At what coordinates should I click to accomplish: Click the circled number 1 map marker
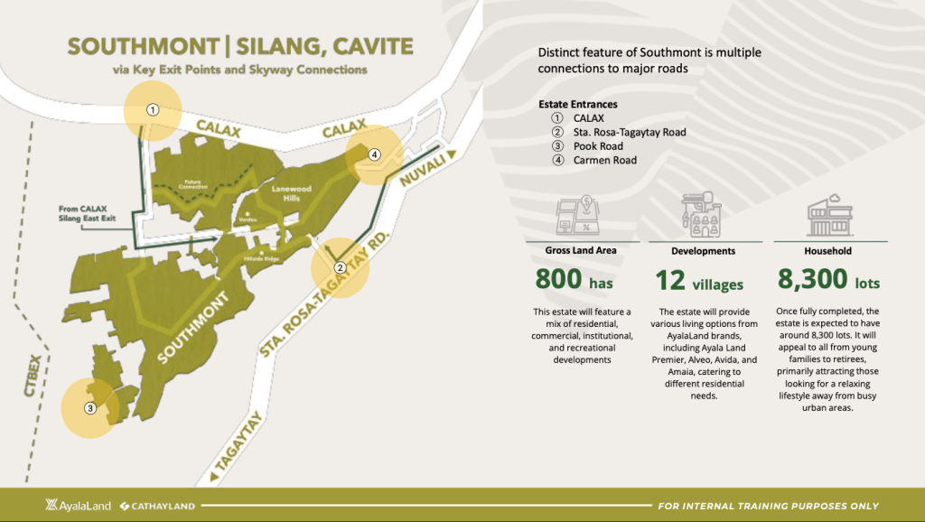coord(154,109)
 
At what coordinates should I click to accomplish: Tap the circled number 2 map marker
coord(340,267)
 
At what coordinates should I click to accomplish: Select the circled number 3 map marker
coord(89,408)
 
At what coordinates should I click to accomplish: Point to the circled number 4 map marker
coord(374,154)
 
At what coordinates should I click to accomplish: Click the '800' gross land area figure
coord(560,280)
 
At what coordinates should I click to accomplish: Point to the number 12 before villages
coord(670,281)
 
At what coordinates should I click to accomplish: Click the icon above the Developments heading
coord(700,213)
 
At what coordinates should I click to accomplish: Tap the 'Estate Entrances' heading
coord(578,104)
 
